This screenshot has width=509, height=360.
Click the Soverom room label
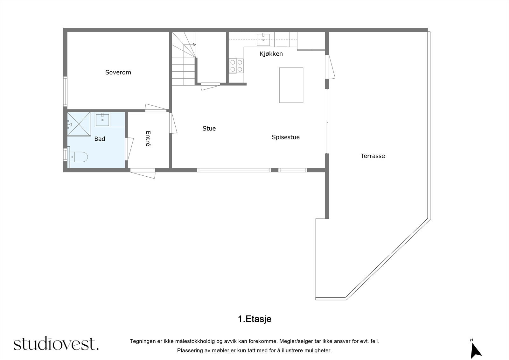[x=118, y=73]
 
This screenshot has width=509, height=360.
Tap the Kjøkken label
[x=271, y=54]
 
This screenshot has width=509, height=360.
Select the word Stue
[x=209, y=129]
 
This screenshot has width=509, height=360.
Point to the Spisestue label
[x=285, y=137]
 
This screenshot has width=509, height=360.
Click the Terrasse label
[x=373, y=156]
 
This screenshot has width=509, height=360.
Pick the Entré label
[x=148, y=138]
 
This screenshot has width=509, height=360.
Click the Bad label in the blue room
[x=100, y=139]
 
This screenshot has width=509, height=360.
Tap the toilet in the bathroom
[x=78, y=157]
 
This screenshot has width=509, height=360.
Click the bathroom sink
[x=102, y=119]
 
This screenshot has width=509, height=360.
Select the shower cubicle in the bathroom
[x=79, y=124]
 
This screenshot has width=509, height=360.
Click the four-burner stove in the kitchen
[x=236, y=66]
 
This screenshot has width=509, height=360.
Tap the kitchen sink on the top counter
[x=263, y=39]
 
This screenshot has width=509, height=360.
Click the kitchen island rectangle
[x=291, y=85]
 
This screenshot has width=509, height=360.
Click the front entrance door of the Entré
[x=143, y=173]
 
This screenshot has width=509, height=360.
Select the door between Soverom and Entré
[x=156, y=108]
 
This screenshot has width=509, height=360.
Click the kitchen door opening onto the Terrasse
[x=331, y=67]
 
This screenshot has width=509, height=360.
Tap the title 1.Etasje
[x=254, y=319]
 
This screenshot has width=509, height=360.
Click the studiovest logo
[x=56, y=343]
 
